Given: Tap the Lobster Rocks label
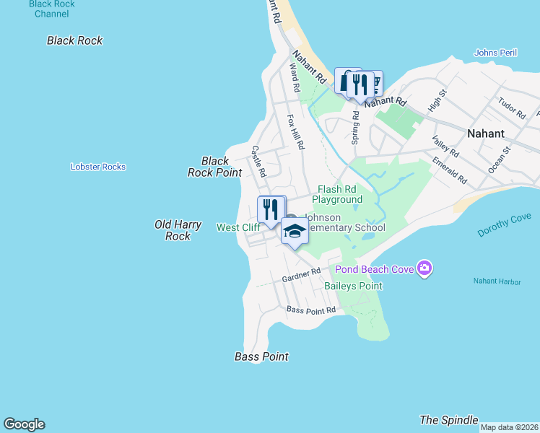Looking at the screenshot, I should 98,167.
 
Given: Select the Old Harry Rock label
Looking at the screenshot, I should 173,230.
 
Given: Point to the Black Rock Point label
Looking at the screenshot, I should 214,167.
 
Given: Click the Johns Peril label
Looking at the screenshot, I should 496,53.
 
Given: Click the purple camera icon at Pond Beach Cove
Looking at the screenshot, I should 424,269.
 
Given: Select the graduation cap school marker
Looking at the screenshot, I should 295,232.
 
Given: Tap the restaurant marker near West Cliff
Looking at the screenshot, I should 271,209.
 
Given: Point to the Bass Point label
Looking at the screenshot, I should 261,357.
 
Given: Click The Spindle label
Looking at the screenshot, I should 449,420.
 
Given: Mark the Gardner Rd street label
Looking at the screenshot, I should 301,275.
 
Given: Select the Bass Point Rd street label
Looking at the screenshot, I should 311,310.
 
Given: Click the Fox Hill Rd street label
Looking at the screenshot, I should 296,131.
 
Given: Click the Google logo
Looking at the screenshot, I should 24,424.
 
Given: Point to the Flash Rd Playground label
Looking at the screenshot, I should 336,194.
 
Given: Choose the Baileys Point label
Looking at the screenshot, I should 353,286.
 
